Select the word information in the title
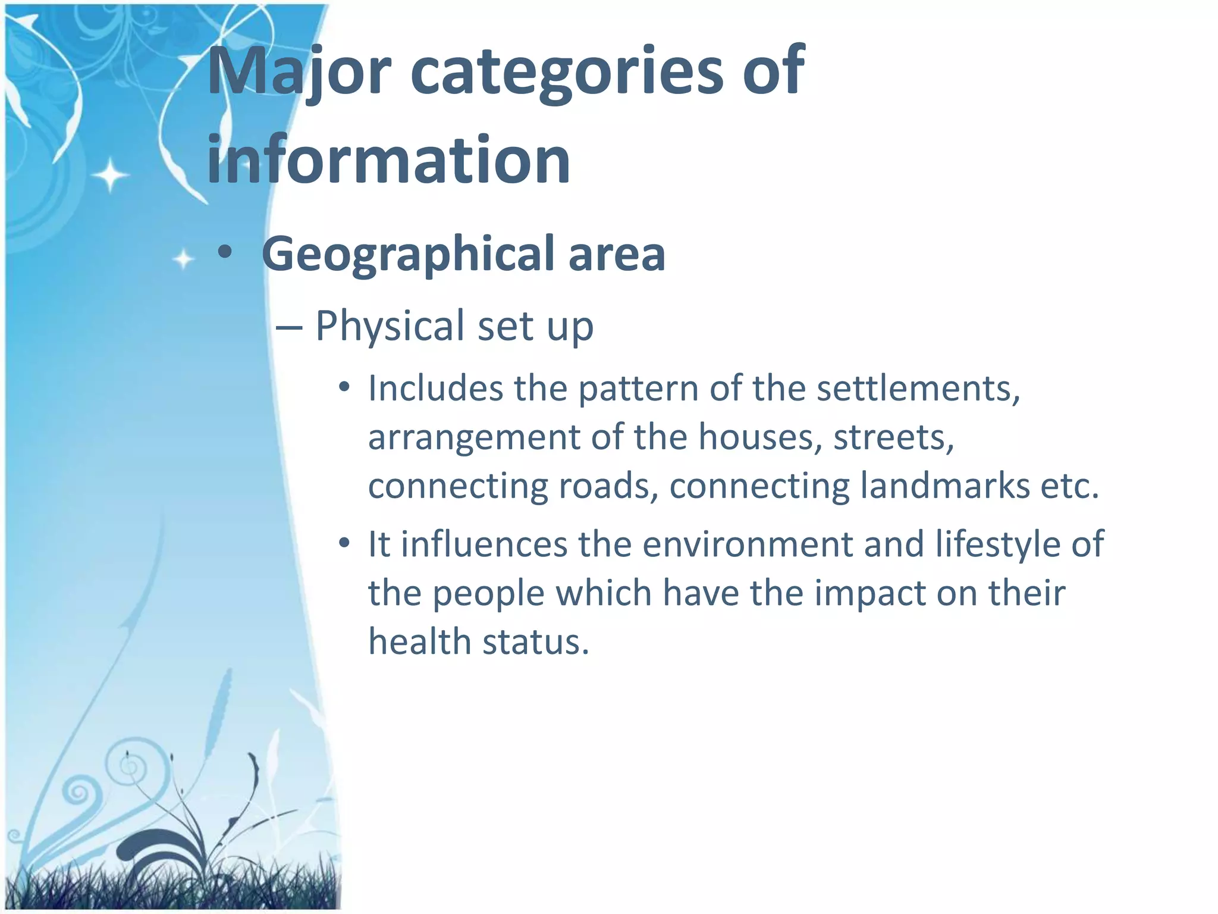coord(388,159)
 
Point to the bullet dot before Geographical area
coord(224,253)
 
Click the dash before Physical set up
coord(290,328)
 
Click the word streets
coord(893,437)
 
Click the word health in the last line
coord(420,642)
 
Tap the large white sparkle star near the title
coord(110,176)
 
